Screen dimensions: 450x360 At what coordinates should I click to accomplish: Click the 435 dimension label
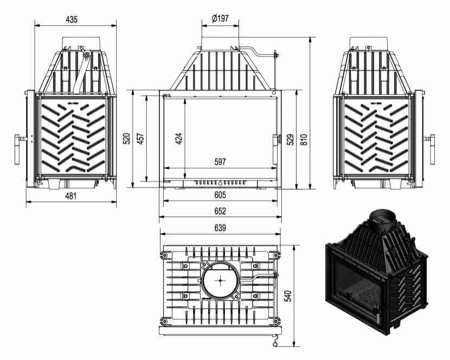[x=72, y=20]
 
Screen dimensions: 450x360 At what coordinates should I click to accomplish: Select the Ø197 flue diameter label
[x=220, y=18]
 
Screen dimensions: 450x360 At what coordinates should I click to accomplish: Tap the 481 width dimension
[x=71, y=196]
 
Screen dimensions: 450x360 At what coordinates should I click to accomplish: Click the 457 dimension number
[x=140, y=138]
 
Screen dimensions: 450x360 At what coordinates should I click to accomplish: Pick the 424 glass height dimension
[x=179, y=138]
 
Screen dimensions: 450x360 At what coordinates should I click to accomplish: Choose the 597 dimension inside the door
[x=220, y=162]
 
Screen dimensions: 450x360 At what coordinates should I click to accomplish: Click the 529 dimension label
[x=291, y=139]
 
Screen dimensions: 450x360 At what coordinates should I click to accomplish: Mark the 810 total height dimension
[x=304, y=139]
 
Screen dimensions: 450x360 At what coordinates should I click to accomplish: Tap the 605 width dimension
[x=220, y=195]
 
